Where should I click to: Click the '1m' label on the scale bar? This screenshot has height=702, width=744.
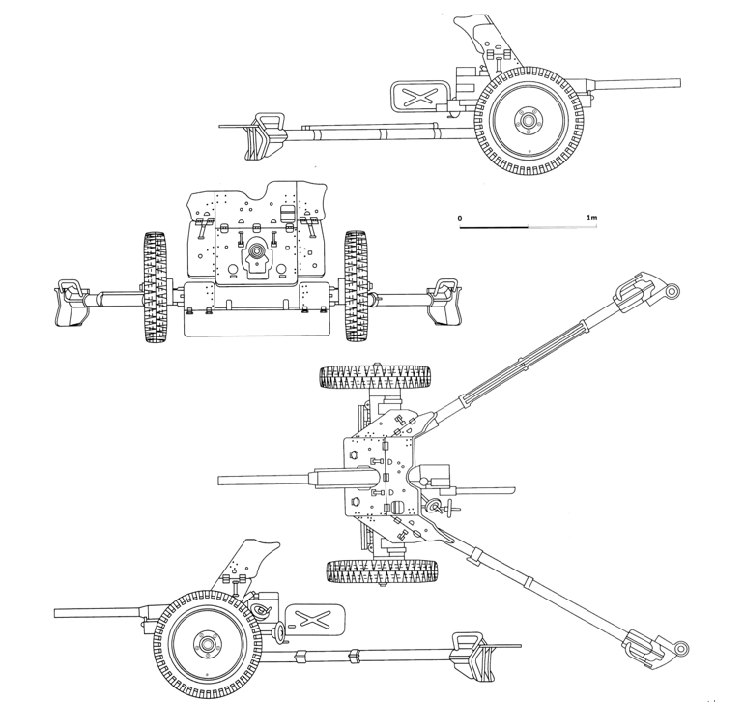[x=591, y=218]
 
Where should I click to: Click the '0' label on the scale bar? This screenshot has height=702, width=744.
[x=460, y=219]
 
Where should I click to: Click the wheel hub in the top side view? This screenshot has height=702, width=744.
[x=528, y=121]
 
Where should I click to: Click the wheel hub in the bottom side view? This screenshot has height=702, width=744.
[x=207, y=645]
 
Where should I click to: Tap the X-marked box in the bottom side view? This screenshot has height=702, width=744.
[x=315, y=620]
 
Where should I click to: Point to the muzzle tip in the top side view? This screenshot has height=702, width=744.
[x=680, y=83]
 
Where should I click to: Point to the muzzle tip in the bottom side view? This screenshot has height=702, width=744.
[x=55, y=613]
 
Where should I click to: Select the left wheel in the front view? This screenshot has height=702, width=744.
[x=156, y=287]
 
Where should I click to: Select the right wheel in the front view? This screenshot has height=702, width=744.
[x=357, y=286]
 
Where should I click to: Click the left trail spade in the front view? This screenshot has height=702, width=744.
[x=72, y=303]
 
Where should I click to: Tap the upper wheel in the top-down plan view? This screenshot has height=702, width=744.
[x=376, y=377]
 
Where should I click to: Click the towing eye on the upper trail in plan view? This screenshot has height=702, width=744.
[x=672, y=290]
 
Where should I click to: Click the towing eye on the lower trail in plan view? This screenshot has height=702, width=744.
[x=682, y=648]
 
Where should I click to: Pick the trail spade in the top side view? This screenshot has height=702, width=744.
[x=266, y=135]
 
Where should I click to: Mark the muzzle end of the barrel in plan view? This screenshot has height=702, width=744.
[x=218, y=481]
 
